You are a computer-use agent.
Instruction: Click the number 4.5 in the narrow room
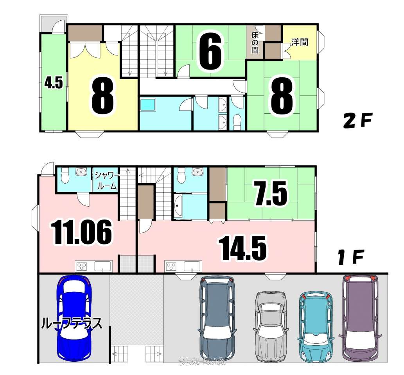[54, 83]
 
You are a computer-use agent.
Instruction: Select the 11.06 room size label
[81, 232]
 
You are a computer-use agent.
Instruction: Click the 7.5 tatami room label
[271, 194]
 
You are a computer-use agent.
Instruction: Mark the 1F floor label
[351, 258]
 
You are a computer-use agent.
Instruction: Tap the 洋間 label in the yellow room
[300, 42]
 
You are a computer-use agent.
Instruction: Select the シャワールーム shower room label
[106, 180]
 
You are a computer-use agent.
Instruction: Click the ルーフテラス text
[72, 324]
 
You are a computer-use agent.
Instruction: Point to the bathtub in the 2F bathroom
[148, 105]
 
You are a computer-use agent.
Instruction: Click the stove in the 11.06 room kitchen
[82, 266]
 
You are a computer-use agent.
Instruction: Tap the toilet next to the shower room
[65, 176]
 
